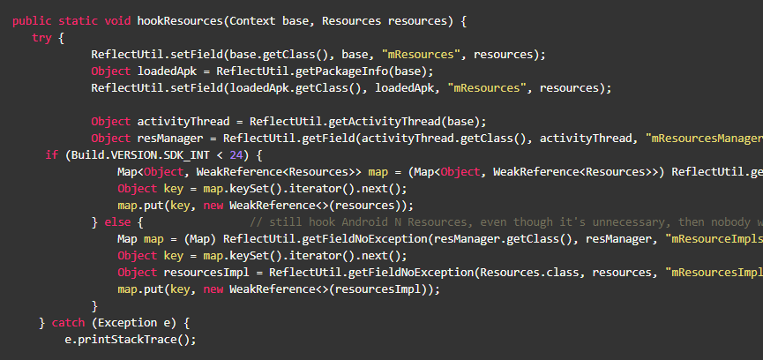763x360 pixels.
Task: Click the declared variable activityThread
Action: pos(184,122)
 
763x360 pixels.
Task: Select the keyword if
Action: pos(51,155)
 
